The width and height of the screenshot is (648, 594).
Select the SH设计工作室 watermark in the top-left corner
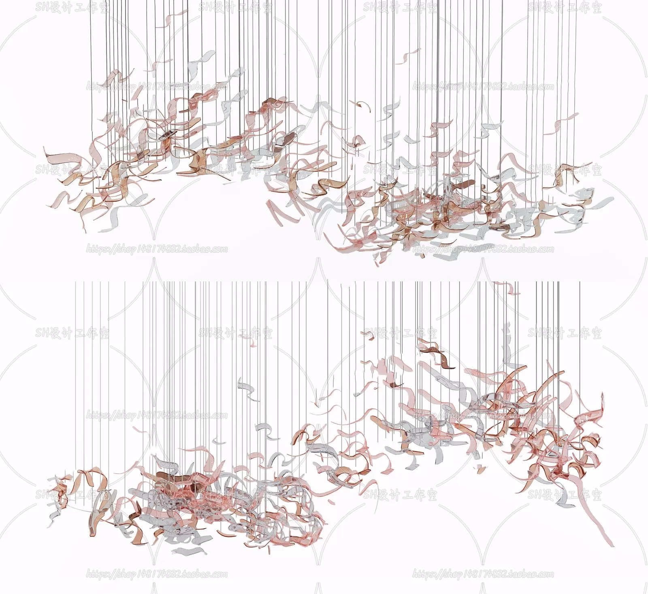(72, 7)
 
